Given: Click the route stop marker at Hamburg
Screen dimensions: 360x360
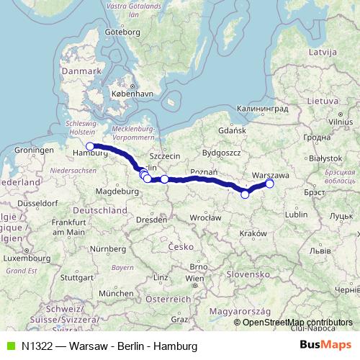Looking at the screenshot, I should pyautogui.click(x=90, y=146).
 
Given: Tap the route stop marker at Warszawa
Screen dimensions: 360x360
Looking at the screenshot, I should pyautogui.click(x=270, y=184).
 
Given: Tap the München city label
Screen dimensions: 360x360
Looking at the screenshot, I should pyautogui.click(x=116, y=293).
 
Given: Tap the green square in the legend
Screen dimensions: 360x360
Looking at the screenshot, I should pyautogui.click(x=11, y=346).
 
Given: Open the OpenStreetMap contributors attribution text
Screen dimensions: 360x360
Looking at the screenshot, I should pyautogui.click(x=297, y=322).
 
